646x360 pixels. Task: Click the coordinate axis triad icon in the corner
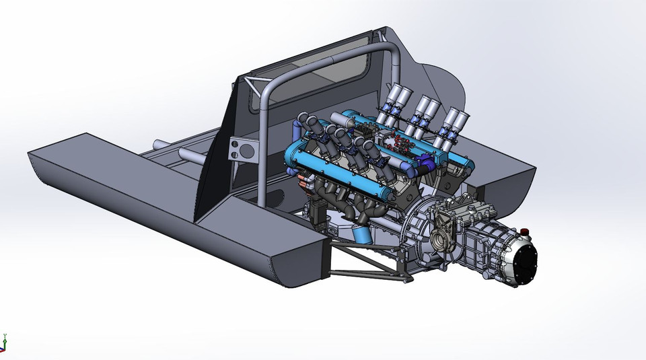click(x=4, y=343)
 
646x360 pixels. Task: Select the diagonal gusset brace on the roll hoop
click(x=256, y=87)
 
